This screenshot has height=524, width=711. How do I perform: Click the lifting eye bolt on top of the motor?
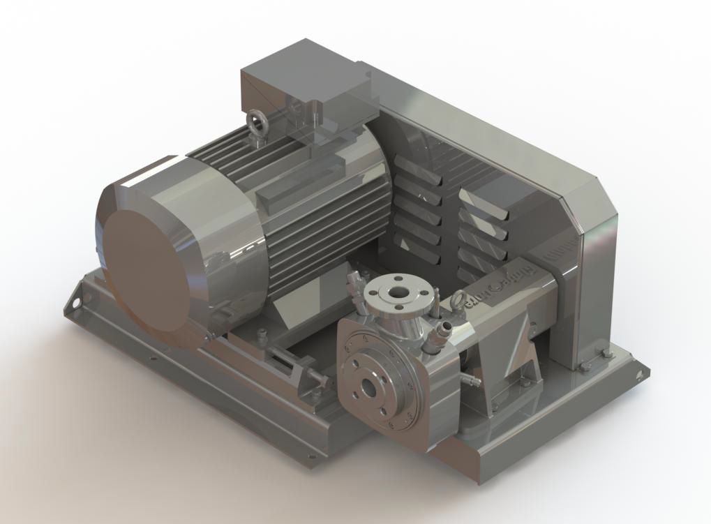(258, 126)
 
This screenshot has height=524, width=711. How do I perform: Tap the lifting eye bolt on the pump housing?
(458, 302)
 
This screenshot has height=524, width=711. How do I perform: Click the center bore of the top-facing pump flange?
(398, 293)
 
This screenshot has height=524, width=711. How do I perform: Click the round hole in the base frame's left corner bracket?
(72, 304)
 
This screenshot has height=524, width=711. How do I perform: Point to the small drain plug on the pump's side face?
(470, 380)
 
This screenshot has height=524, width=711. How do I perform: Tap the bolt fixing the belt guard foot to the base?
(586, 367)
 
